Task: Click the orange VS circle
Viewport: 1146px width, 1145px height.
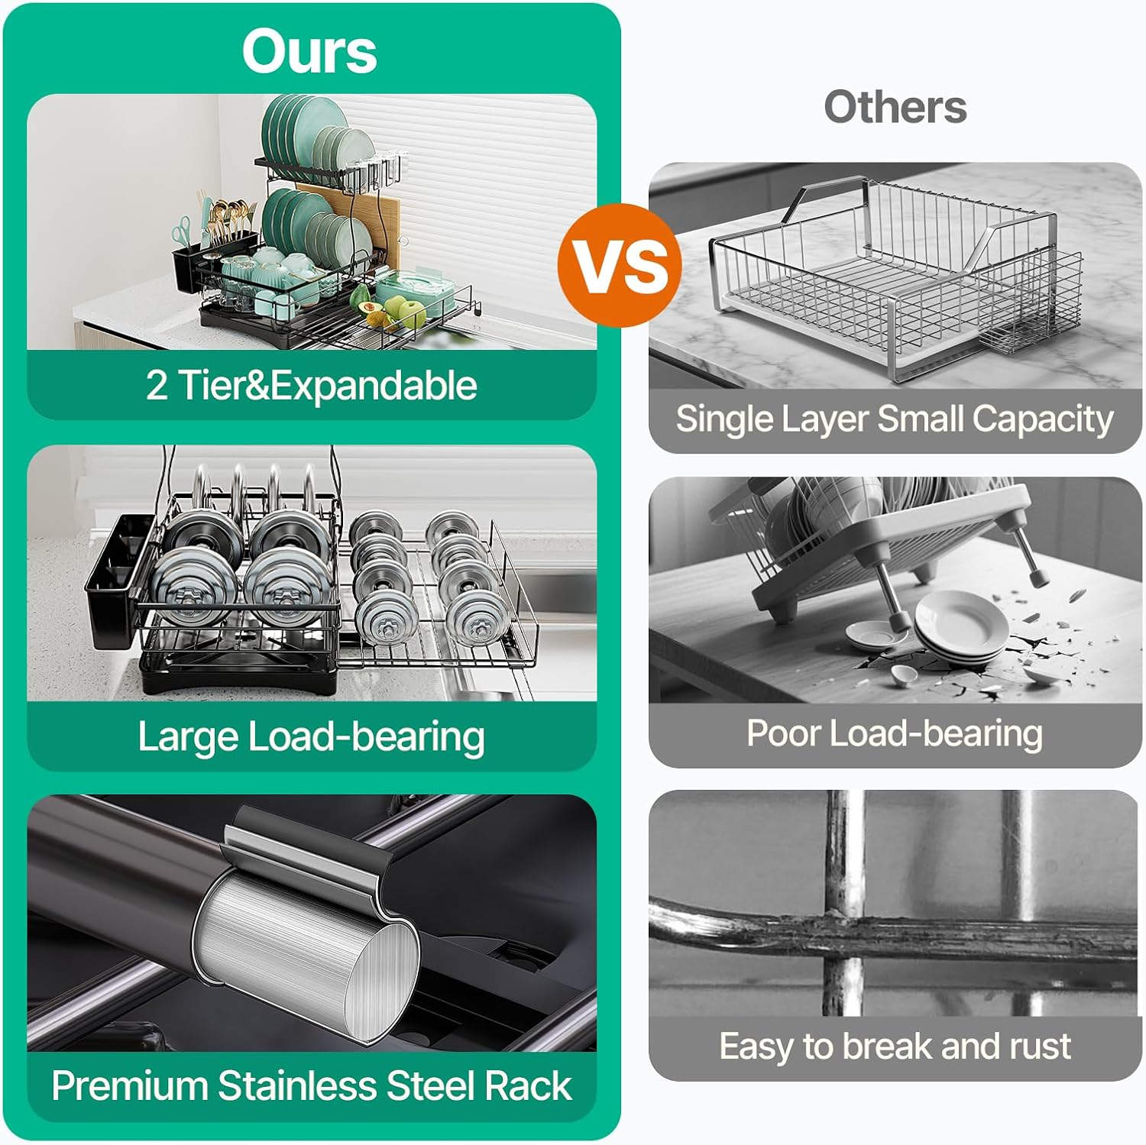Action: pos(620,265)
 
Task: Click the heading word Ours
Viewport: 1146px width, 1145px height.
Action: pos(309,52)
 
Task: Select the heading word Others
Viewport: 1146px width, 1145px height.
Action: pos(895,106)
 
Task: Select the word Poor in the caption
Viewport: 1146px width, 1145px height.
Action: pos(783,733)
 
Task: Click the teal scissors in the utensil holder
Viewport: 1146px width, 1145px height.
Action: pos(182,229)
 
